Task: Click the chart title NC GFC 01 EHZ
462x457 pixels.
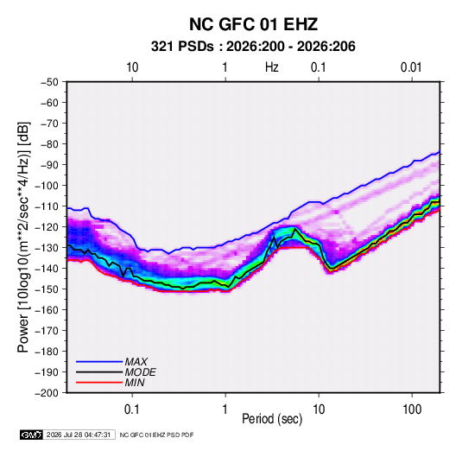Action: [x=253, y=24]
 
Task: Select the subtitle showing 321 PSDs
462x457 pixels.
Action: [x=253, y=47]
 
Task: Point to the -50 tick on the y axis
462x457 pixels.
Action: [x=49, y=82]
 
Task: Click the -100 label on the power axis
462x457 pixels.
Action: [x=47, y=186]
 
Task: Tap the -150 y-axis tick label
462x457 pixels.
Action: [x=47, y=289]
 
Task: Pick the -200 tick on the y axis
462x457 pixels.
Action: [x=47, y=393]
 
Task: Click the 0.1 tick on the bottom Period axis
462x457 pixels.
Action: [x=132, y=409]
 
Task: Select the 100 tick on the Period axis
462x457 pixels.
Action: [x=412, y=409]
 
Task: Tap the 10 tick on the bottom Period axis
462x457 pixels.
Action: [x=319, y=409]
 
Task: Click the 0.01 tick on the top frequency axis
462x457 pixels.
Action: [x=411, y=67]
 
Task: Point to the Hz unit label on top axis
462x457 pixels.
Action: [x=272, y=67]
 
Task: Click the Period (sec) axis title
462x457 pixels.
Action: [x=272, y=419]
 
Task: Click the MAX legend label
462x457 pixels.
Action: [x=136, y=362]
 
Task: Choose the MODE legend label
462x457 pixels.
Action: [x=140, y=372]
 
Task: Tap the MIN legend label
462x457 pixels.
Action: [x=135, y=383]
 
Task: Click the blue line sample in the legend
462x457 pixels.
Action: [x=99, y=362]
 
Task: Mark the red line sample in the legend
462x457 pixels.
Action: [x=99, y=383]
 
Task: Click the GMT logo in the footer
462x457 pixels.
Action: [x=32, y=435]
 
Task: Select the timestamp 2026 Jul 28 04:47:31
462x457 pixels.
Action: [x=79, y=435]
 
